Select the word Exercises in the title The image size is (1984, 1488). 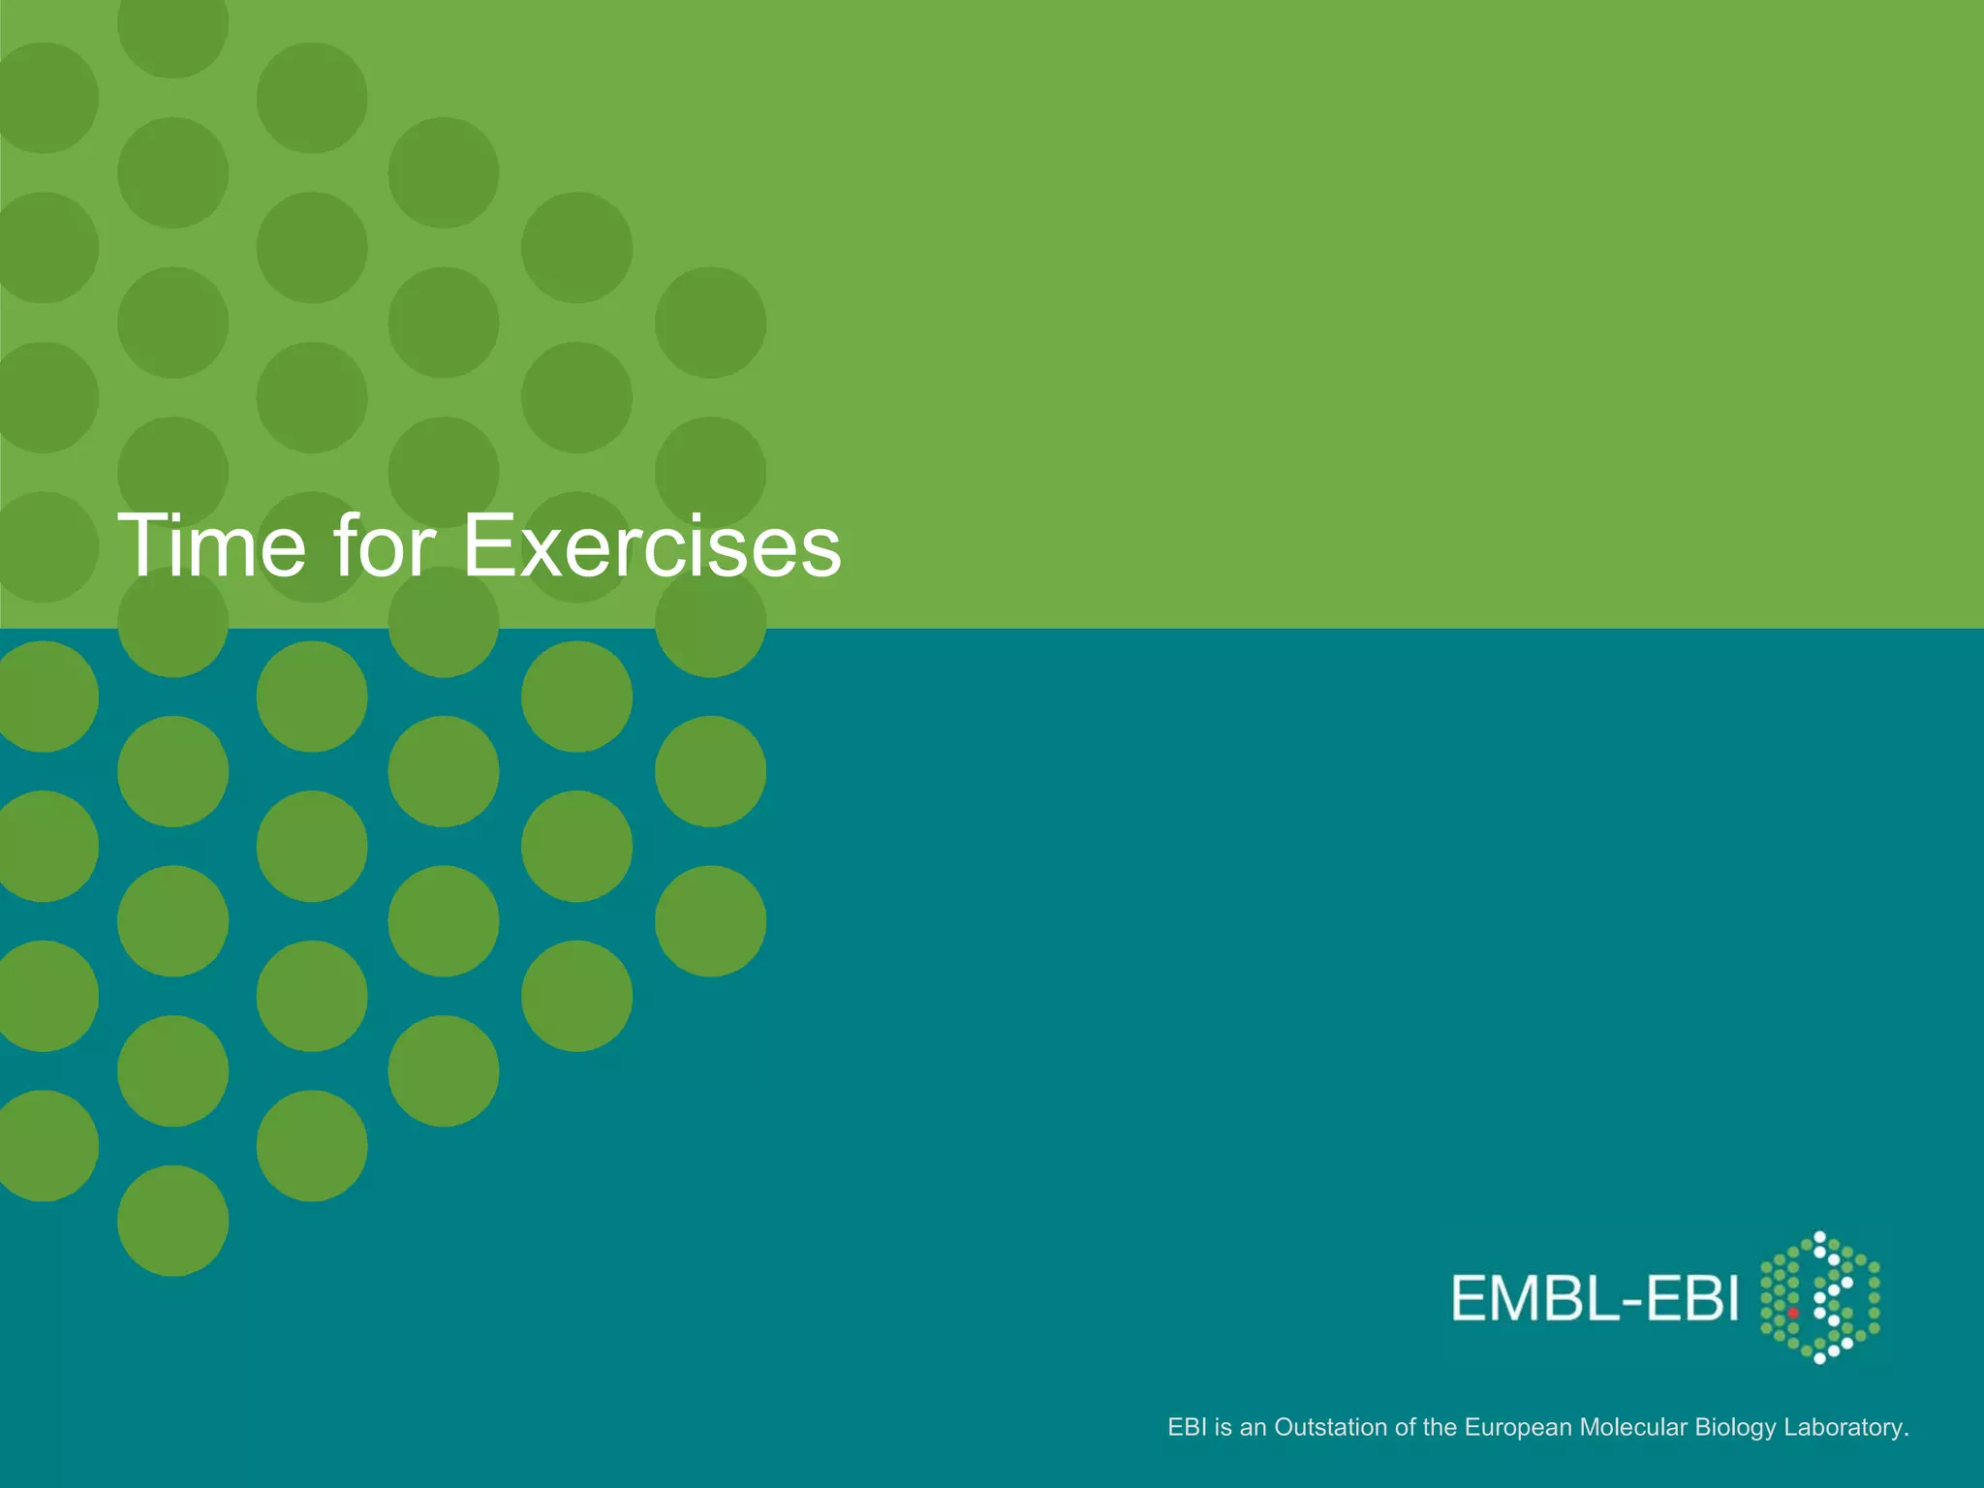[x=652, y=545]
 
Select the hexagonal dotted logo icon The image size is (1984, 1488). [x=1819, y=1298]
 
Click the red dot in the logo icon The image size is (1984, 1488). [x=1793, y=1314]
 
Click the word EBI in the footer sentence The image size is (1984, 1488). [x=1187, y=1427]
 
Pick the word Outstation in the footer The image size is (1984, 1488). [x=1330, y=1427]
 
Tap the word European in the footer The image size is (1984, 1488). [x=1518, y=1427]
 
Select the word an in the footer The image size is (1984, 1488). [x=1254, y=1427]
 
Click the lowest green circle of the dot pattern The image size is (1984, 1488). [x=173, y=1221]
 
